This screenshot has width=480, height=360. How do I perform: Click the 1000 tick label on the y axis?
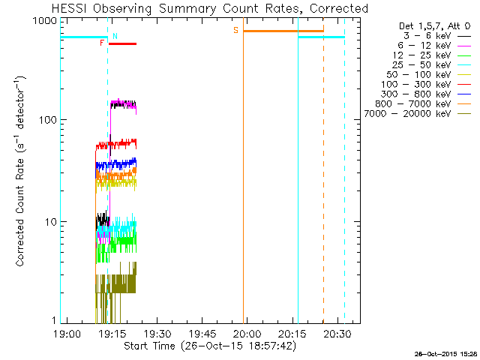tap(44, 21)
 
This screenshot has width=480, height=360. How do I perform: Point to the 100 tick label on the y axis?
tap(47, 120)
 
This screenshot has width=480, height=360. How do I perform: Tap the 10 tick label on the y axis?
tap(50, 222)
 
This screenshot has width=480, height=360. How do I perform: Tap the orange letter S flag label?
tap(235, 31)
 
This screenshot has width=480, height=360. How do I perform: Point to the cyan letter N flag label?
tap(115, 36)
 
